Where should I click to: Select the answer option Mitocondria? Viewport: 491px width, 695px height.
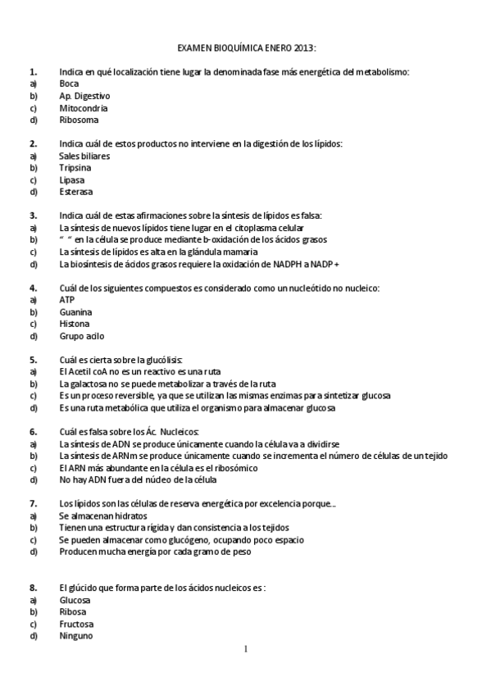click(84, 107)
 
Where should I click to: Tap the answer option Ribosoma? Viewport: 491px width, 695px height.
click(79, 120)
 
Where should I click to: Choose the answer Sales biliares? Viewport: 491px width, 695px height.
click(84, 156)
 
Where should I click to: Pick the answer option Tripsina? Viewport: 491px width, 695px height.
click(76, 168)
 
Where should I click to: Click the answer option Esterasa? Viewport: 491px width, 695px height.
click(76, 192)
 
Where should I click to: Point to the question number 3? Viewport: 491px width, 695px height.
click(33, 216)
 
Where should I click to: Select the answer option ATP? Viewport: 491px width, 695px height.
click(67, 300)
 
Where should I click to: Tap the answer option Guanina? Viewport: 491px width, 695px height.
click(75, 312)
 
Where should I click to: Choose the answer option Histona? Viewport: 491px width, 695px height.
click(75, 324)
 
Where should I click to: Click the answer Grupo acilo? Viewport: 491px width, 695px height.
click(82, 336)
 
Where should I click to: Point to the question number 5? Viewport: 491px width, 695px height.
click(33, 360)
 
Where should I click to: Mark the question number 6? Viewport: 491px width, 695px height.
click(33, 432)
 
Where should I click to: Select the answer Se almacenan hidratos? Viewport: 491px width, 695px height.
click(103, 516)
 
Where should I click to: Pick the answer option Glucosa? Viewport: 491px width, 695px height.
click(75, 600)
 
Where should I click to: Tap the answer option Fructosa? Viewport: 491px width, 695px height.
click(76, 624)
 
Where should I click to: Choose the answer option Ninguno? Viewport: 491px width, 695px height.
click(76, 636)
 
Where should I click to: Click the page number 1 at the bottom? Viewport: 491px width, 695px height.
click(245, 650)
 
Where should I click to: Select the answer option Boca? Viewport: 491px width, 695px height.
click(70, 84)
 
